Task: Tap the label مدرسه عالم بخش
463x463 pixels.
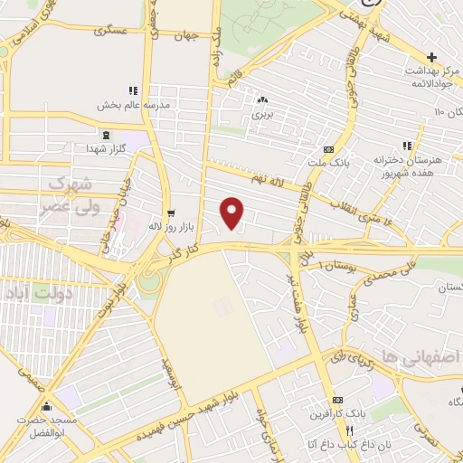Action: pos(136,103)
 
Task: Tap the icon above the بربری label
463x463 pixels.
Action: pos(262,100)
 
